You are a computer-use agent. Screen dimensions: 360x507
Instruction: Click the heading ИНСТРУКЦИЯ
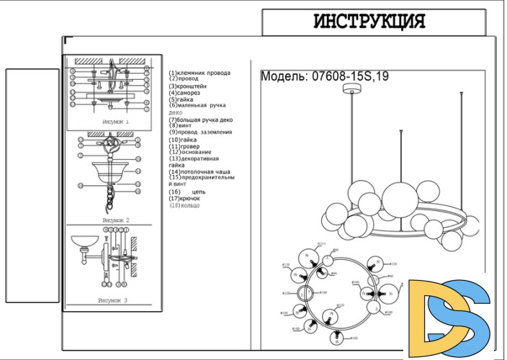369,22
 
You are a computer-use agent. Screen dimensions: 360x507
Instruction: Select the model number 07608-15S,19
350,76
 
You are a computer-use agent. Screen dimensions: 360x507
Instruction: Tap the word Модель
284,76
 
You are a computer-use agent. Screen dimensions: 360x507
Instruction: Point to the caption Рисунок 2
115,219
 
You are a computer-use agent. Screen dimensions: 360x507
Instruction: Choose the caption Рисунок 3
112,300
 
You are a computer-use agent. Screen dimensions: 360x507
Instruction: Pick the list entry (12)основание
190,152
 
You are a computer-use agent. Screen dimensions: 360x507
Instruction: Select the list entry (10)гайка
183,140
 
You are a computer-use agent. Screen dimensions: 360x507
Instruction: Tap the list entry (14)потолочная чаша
199,172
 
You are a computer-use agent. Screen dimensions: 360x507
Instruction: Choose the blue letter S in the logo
468,317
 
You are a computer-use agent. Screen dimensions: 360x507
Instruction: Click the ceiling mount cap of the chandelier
352,89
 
